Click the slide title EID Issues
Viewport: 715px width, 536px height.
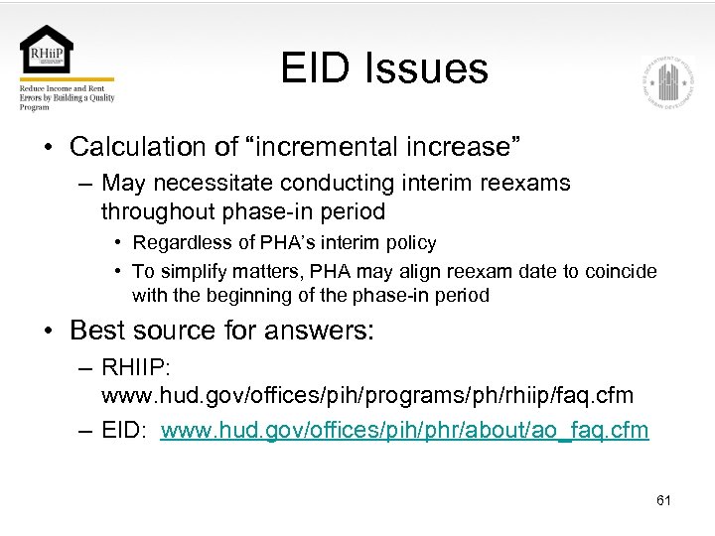click(x=383, y=68)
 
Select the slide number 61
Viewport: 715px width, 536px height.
click(x=663, y=500)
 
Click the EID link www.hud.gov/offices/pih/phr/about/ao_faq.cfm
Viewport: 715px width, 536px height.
click(x=404, y=430)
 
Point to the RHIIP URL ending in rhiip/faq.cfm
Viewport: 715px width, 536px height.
click(x=366, y=395)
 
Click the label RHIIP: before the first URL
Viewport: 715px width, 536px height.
click(x=136, y=367)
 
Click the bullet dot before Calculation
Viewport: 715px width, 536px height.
click(x=48, y=148)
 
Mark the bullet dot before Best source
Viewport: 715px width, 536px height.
click(x=48, y=331)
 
